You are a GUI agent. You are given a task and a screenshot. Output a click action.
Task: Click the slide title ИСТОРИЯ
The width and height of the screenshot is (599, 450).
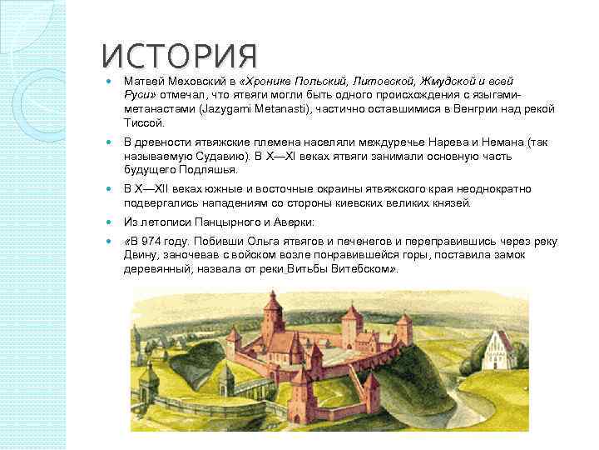click(179, 57)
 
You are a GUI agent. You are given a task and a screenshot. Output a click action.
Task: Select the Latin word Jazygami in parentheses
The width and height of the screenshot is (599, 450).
click(220, 109)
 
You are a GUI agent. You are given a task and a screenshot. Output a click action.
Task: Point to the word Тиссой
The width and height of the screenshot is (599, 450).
click(141, 123)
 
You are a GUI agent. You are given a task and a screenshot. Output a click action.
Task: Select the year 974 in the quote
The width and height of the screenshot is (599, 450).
click(153, 242)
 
